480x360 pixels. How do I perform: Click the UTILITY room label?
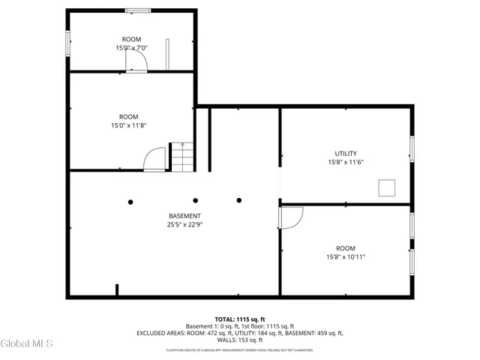[x=346, y=153]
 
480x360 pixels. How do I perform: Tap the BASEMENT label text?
[x=184, y=216]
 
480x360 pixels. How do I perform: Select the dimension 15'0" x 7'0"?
[x=131, y=48]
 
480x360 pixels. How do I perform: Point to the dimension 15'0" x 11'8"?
[x=128, y=125]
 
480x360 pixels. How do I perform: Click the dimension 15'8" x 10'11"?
[x=346, y=256]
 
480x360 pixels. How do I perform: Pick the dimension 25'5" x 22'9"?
[x=184, y=224]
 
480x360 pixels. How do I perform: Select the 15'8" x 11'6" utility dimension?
[x=346, y=162]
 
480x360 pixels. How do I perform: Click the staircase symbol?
[x=181, y=156]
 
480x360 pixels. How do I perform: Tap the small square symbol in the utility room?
[x=388, y=187]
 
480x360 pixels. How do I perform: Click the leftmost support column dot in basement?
[x=130, y=201]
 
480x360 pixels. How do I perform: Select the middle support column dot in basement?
[x=196, y=200]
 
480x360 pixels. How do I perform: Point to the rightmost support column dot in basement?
[x=239, y=200]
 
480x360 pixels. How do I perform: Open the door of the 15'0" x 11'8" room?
[x=155, y=159]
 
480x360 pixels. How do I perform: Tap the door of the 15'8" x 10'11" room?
[x=290, y=218]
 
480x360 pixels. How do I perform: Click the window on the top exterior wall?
[x=137, y=10]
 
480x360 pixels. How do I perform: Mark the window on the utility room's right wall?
[x=411, y=148]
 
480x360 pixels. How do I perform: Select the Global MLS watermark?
[x=27, y=343]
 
